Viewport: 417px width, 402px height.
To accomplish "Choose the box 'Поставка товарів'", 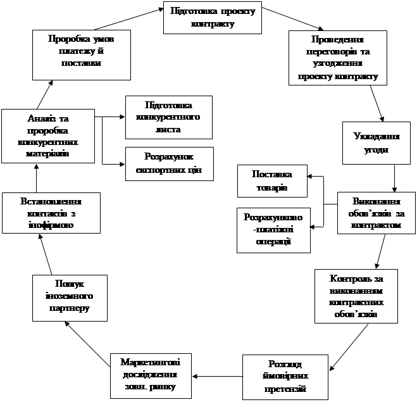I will pyautogui.click(x=271, y=181).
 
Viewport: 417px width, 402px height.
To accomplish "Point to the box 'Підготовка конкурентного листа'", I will pyautogui.click(x=168, y=117).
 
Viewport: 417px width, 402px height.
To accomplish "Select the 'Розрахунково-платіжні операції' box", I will pyautogui.click(x=273, y=229).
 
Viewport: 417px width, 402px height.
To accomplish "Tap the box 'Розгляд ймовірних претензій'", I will pyautogui.click(x=285, y=377).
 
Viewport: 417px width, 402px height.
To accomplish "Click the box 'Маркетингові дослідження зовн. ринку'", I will pyautogui.click(x=149, y=374).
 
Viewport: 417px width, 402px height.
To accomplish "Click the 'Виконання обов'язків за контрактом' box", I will pyautogui.click(x=376, y=213).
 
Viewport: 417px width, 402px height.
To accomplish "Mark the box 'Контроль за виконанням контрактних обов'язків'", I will pyautogui.click(x=356, y=296).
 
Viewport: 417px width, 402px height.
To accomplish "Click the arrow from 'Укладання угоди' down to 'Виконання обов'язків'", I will pyautogui.click(x=394, y=177).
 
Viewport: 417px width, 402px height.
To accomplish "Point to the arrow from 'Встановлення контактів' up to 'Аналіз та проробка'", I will pyautogui.click(x=36, y=177).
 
